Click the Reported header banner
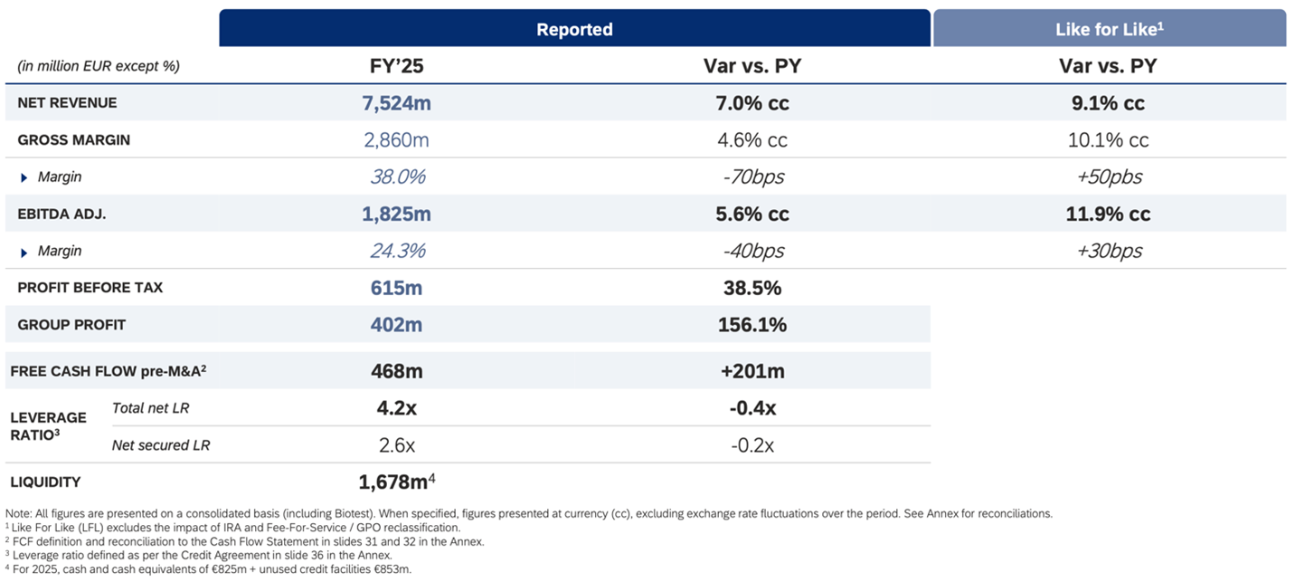(x=574, y=29)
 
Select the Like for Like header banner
(x=1109, y=29)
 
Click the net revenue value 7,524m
(x=396, y=103)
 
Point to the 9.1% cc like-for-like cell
(x=1108, y=103)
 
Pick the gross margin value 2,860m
(x=396, y=140)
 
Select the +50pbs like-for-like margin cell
(x=1109, y=177)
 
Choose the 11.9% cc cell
(x=1108, y=215)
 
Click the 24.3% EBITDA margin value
(x=397, y=251)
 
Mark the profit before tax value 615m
(x=396, y=288)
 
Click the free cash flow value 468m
(x=396, y=371)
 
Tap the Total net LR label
(x=150, y=408)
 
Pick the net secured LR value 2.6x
(x=396, y=445)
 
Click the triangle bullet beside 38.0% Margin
(x=24, y=177)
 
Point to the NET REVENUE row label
(x=67, y=103)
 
